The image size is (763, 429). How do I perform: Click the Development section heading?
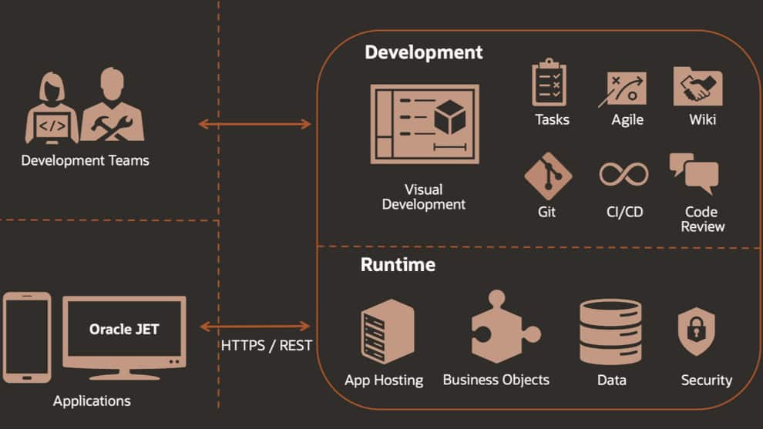[423, 52]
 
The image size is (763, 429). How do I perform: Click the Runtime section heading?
[398, 265]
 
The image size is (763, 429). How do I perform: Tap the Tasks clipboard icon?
[550, 84]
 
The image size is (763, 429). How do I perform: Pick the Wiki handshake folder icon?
[697, 87]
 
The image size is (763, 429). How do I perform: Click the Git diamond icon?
[548, 176]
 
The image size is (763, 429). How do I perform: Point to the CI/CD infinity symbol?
[624, 174]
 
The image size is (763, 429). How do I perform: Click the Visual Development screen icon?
[425, 124]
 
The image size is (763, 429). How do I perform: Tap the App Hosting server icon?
[387, 331]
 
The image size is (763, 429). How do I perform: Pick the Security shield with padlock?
[696, 332]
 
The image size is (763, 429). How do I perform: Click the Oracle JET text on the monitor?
[124, 329]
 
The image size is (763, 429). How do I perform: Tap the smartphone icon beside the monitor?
[27, 337]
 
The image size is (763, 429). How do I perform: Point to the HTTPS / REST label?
[267, 345]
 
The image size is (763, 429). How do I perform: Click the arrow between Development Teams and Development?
[254, 124]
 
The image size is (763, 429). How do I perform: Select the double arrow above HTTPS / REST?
[254, 327]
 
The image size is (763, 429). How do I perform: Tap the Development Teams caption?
[85, 161]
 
